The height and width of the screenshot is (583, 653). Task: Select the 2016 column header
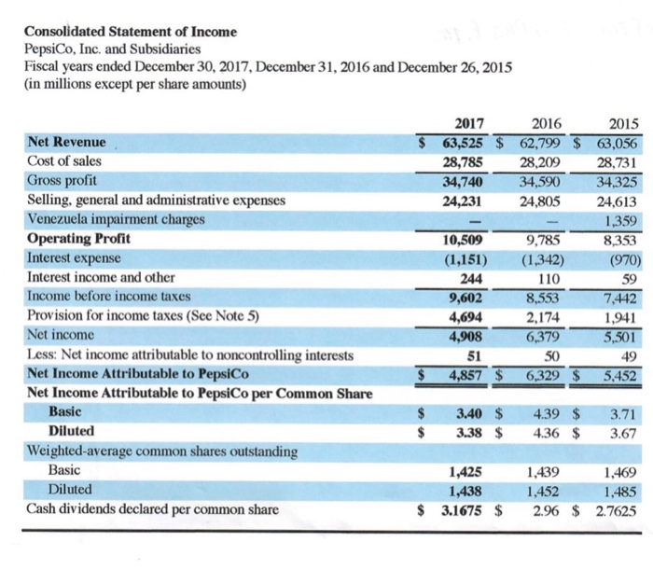tap(546, 126)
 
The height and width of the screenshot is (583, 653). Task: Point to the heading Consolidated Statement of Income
tap(131, 32)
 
